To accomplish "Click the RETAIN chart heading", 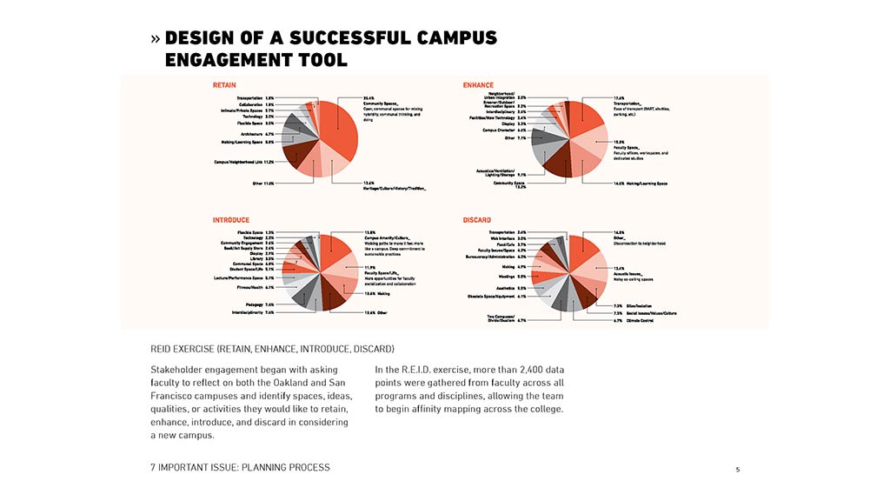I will (x=224, y=85).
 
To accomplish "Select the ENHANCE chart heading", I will (x=478, y=85).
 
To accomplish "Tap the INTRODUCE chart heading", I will (x=231, y=220).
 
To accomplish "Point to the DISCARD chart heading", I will (x=477, y=220).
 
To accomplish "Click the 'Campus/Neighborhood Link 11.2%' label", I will (x=244, y=162).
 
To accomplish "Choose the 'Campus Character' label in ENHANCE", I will (x=504, y=130).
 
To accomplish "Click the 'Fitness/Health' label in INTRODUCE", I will (x=257, y=287).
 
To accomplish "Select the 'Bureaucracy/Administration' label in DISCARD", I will (x=495, y=257).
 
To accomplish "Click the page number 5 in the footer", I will (x=738, y=470).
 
